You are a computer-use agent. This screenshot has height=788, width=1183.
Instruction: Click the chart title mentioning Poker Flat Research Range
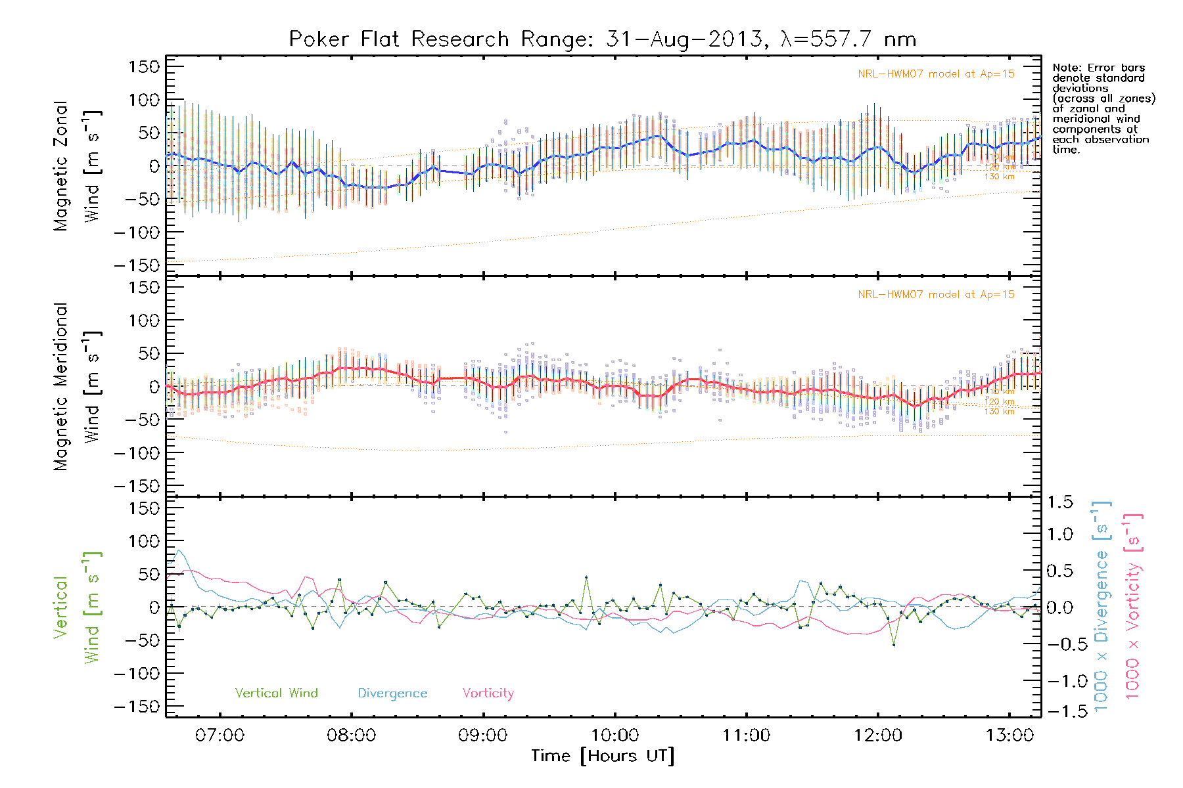[603, 39]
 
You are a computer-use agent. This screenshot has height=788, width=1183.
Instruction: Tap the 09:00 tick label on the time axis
[483, 735]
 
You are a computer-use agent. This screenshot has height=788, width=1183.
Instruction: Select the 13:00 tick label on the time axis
[1009, 735]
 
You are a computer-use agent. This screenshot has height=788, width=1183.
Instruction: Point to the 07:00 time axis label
[220, 735]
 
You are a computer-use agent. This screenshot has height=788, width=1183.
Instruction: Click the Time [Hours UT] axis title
[603, 756]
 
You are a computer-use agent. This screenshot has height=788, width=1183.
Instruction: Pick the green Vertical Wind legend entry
[276, 693]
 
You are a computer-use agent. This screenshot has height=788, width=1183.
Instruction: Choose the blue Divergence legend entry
[392, 693]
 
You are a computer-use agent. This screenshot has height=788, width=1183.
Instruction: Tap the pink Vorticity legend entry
[488, 693]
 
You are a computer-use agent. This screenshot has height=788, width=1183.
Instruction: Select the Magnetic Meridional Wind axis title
[77, 387]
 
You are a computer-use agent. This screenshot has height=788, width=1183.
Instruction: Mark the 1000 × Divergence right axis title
[1102, 607]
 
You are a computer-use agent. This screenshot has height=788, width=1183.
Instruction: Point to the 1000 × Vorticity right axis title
[1132, 607]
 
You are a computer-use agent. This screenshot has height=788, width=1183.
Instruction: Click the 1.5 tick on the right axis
[1059, 502]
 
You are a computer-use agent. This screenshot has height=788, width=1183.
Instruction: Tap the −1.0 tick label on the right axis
[1059, 681]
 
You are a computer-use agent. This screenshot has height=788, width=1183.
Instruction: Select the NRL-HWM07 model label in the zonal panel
[936, 74]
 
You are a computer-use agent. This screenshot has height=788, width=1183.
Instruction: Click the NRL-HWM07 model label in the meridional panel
[936, 295]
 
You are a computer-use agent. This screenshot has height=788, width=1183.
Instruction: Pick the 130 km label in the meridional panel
[999, 412]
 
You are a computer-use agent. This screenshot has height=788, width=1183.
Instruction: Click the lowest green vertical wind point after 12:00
[894, 645]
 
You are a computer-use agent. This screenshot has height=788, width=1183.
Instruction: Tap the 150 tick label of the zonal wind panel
[144, 67]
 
